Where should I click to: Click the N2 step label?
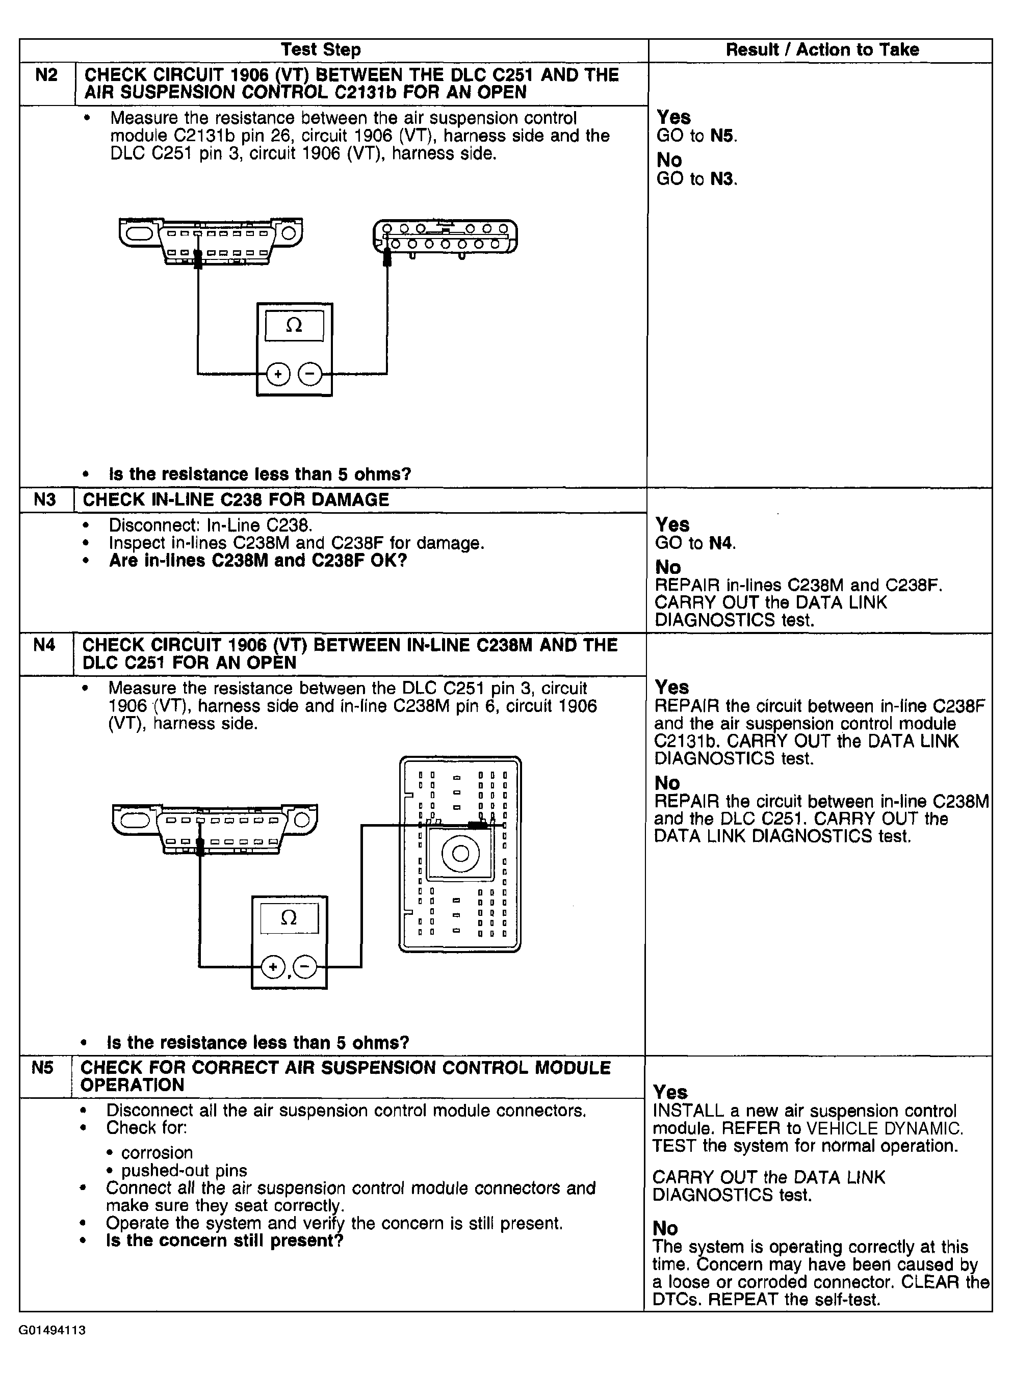pyautogui.click(x=46, y=75)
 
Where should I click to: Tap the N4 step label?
pyautogui.click(x=44, y=644)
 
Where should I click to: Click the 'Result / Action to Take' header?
pyautogui.click(x=822, y=49)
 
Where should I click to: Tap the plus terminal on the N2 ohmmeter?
pyautogui.click(x=278, y=374)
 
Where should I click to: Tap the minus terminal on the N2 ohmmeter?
pyautogui.click(x=310, y=374)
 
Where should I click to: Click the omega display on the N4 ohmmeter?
pyautogui.click(x=289, y=917)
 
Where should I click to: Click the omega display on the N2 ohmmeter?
pyautogui.click(x=294, y=326)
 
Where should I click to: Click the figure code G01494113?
pyautogui.click(x=52, y=1330)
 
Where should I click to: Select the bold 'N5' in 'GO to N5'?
pyautogui.click(x=723, y=136)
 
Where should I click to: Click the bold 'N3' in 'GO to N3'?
pyautogui.click(x=723, y=179)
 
